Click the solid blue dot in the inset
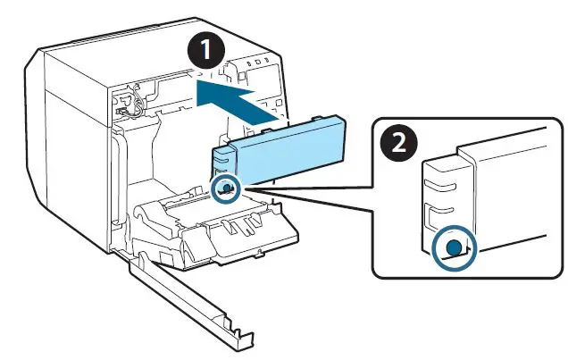pos(454,247)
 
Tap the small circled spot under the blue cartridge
pos(228,188)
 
